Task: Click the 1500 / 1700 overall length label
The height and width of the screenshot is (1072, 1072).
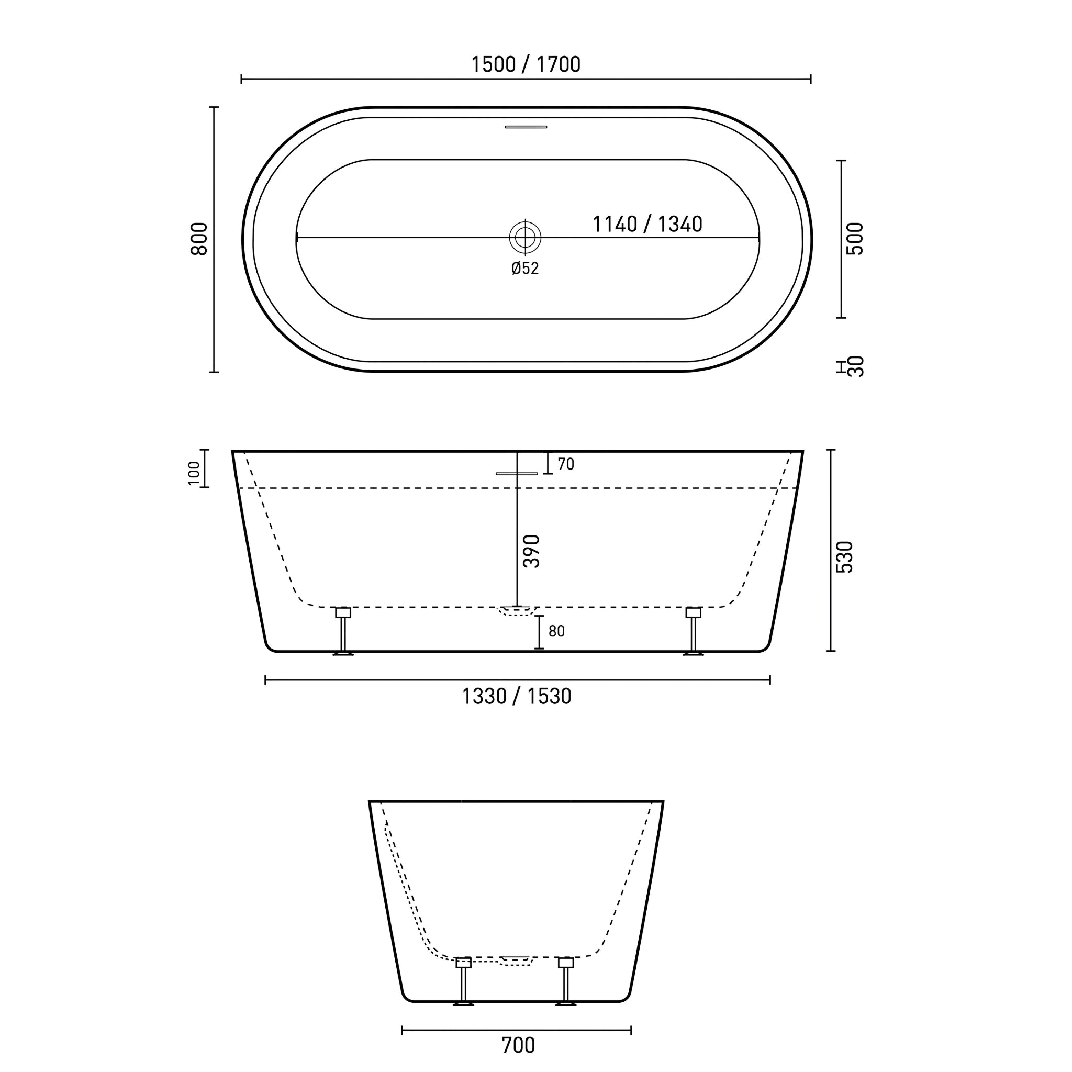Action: pos(526,65)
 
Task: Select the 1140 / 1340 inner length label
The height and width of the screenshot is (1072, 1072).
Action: pos(647,224)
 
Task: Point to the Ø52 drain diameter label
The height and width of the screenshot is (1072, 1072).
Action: pos(525,269)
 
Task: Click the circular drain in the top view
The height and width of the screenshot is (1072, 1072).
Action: pos(525,238)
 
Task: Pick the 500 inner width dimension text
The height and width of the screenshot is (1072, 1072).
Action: pos(855,239)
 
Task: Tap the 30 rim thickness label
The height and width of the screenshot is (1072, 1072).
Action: pos(856,366)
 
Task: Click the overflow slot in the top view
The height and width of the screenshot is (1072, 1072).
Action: pos(526,127)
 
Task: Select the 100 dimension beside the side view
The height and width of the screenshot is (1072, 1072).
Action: pos(194,473)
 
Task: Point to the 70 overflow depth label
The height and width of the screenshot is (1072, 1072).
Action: pos(565,464)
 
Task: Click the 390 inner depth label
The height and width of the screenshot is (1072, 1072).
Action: pos(532,551)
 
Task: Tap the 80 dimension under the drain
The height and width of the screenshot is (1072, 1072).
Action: pos(556,631)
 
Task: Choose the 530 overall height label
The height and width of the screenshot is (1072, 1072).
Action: pos(844,557)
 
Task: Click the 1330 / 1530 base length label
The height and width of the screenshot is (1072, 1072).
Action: pos(517,696)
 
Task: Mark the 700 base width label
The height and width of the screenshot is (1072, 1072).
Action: pos(518,1045)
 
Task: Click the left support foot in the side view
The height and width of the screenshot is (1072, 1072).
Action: pos(343,632)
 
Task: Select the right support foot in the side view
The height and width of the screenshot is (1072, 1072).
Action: pos(693,632)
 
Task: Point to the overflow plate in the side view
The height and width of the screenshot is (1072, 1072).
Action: pos(517,474)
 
